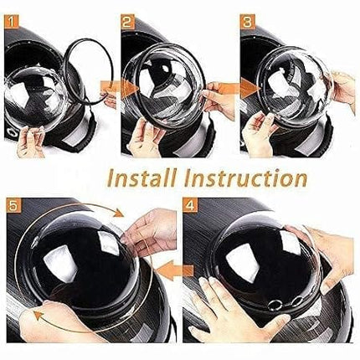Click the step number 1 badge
(x=11, y=22)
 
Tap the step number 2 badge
(x=128, y=22)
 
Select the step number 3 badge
(x=248, y=22)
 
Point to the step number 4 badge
(x=190, y=205)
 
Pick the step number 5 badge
(x=13, y=205)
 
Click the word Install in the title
(x=142, y=178)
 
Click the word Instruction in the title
(x=245, y=178)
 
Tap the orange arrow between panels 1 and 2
(x=120, y=88)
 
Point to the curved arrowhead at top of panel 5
(x=119, y=213)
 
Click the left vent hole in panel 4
(x=273, y=306)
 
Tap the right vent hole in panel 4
(x=297, y=301)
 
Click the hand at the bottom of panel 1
(x=31, y=141)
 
